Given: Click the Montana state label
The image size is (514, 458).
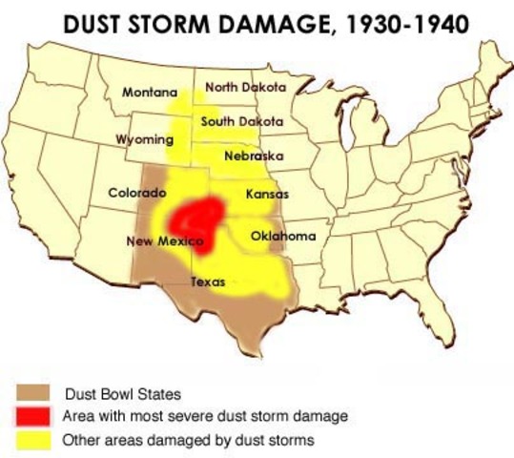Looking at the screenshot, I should (x=150, y=93).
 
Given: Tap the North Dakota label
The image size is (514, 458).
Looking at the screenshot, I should (x=245, y=87).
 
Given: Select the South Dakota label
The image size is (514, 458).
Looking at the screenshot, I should (x=241, y=121).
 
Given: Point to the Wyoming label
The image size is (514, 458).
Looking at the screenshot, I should (x=144, y=139).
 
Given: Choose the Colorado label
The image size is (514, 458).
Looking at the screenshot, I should (x=137, y=192).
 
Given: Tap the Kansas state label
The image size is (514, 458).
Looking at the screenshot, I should (x=267, y=194).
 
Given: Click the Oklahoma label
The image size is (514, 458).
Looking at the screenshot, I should (x=283, y=236).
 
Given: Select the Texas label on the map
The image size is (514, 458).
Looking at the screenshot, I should (x=208, y=282).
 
